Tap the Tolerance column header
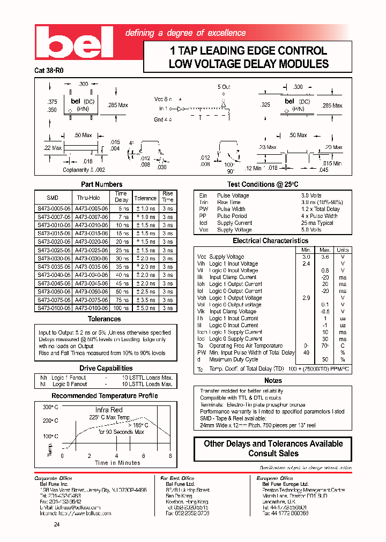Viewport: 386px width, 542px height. click(145, 198)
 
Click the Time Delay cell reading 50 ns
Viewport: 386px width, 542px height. click(122, 291)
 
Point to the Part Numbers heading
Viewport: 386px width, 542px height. click(105, 184)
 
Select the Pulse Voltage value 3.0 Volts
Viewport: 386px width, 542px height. click(311, 195)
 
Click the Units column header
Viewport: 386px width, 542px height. click(342, 250)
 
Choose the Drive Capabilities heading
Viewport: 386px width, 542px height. click(106, 368)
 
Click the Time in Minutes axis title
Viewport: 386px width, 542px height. click(117, 463)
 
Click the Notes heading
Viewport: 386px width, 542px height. click(273, 380)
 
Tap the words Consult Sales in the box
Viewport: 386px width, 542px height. click(273, 453)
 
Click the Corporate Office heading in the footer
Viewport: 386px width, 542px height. click(53, 478)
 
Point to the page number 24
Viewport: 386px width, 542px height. click(57, 524)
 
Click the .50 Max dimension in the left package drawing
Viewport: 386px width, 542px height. click(83, 135)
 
